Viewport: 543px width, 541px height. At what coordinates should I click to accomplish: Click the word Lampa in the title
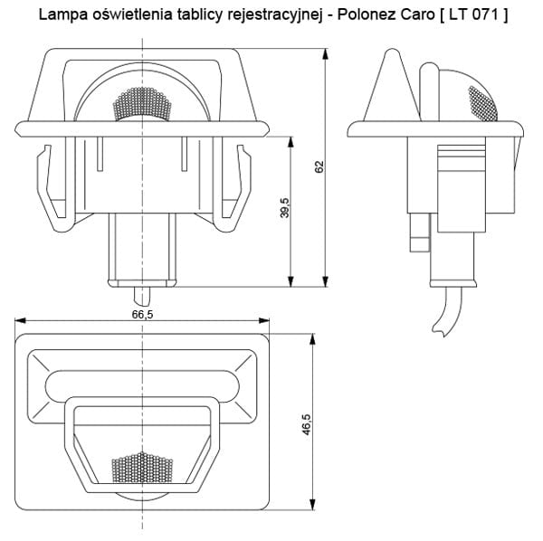(57, 14)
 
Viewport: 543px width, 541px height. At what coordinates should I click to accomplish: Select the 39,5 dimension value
(284, 208)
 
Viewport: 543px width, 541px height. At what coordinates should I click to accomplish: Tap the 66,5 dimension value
(143, 314)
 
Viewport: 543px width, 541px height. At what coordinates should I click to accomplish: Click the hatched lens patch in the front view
(143, 105)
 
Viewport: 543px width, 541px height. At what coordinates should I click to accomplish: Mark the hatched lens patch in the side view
(481, 101)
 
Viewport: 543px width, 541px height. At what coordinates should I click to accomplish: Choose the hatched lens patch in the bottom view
(141, 466)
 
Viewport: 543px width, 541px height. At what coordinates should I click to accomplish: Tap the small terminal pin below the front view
(143, 295)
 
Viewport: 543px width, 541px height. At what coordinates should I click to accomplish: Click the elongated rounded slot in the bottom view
(143, 385)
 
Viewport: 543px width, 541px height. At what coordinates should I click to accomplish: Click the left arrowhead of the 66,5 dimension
(20, 320)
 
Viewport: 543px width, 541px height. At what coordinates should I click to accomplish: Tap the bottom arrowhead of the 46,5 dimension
(313, 505)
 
